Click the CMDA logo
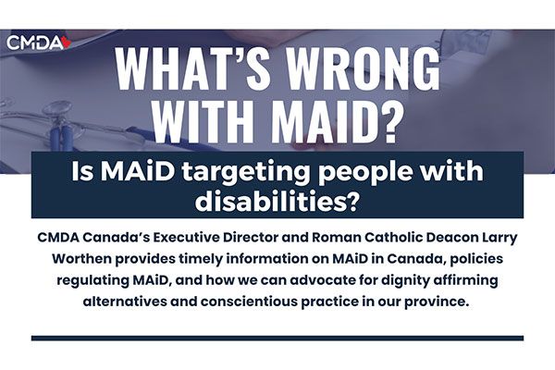pyautogui.click(x=39, y=43)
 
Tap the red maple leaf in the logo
pyautogui.click(x=67, y=43)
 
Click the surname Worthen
pyautogui.click(x=81, y=258)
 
